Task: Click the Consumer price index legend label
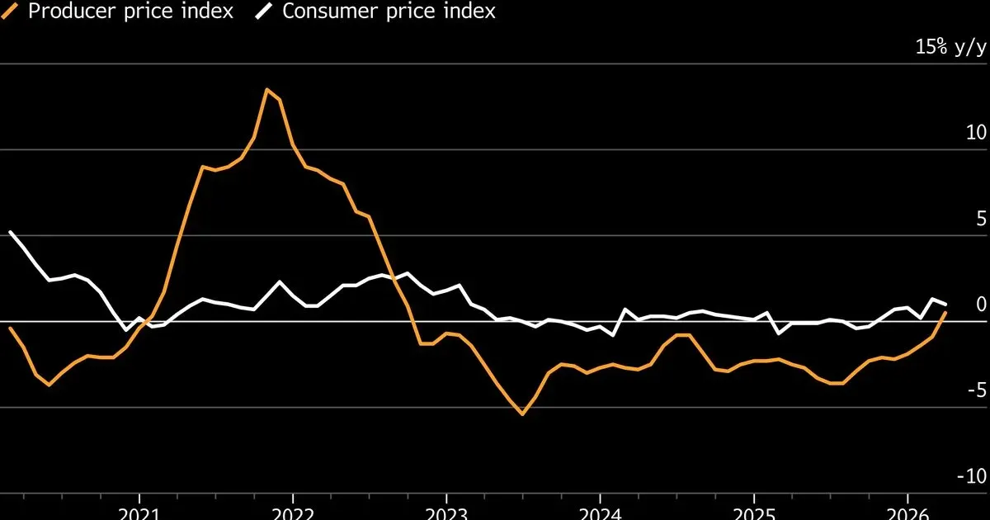(389, 12)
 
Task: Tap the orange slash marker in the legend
(12, 12)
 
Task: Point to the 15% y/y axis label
(950, 47)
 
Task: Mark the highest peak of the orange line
(266, 89)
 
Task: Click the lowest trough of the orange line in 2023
(522, 414)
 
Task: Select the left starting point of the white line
(10, 232)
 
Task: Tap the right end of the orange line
(945, 313)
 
